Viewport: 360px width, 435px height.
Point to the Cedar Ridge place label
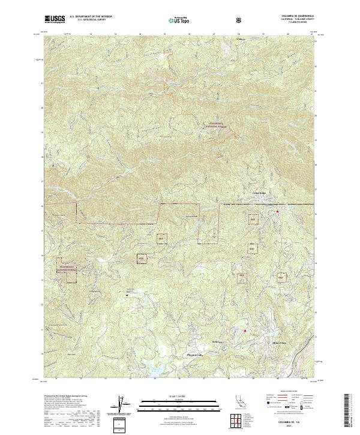click(x=257, y=193)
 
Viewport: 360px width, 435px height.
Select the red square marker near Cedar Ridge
click(x=277, y=211)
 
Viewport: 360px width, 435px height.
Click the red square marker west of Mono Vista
click(x=245, y=330)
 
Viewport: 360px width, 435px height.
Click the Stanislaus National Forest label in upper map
click(x=218, y=126)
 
